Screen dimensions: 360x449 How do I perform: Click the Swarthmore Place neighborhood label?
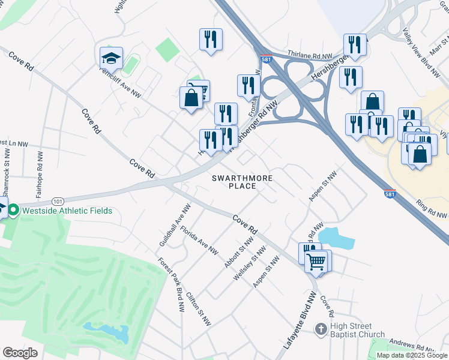[243, 182]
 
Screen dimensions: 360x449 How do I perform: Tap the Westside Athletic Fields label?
[67, 211]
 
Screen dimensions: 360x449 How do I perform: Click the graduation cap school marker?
[112, 59]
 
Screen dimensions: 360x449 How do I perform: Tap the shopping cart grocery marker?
[316, 261]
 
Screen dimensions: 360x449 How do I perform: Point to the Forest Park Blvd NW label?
[171, 284]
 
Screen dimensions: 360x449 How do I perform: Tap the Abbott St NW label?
[239, 252]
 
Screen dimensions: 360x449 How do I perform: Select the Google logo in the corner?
[20, 353]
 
